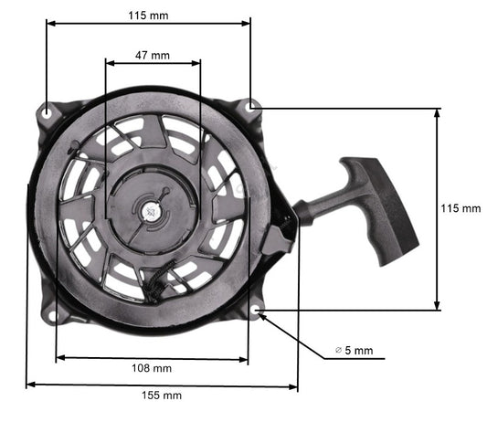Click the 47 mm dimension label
[153, 56]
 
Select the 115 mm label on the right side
[461, 208]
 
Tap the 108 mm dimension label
[152, 368]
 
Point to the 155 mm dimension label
[162, 396]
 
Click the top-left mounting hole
[46, 111]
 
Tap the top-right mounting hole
[252, 107]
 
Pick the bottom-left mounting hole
[53, 315]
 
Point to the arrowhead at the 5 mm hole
[264, 319]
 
